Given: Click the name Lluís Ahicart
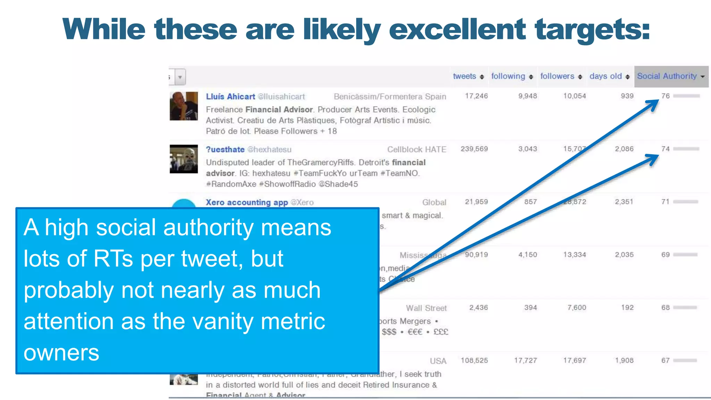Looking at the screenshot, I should (x=230, y=97).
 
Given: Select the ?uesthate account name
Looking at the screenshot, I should (x=225, y=150).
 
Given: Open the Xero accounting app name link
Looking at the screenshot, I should (x=246, y=202).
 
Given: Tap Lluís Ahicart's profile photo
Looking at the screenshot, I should (x=184, y=106).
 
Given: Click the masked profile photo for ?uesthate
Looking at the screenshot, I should (x=184, y=159).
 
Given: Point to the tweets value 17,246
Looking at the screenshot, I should (x=476, y=96).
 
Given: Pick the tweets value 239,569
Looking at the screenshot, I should (x=474, y=149).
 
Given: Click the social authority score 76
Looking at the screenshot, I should (x=665, y=96).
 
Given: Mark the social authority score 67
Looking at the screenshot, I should (x=665, y=360).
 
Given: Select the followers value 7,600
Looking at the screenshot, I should (x=577, y=308).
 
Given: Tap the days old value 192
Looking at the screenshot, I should (x=627, y=308).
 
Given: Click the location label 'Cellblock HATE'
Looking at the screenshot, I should (x=417, y=150).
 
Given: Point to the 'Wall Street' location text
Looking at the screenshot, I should (x=426, y=308).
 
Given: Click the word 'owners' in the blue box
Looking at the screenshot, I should (x=61, y=353).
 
